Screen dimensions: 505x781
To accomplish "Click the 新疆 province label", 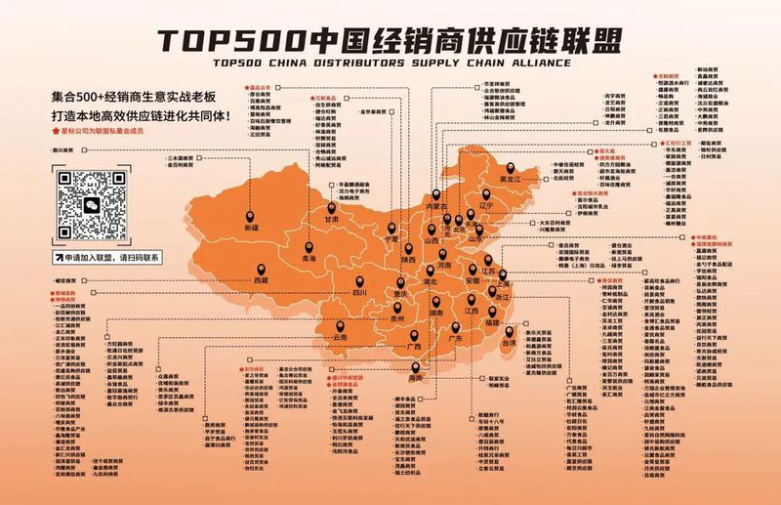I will point(252,227).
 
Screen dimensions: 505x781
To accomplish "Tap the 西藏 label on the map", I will point(261,281).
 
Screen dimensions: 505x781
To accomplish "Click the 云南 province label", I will point(341,337).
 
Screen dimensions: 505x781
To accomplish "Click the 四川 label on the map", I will point(358,292).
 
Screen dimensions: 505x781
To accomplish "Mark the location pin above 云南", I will point(341,324).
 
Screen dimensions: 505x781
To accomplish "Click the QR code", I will point(91,204).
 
